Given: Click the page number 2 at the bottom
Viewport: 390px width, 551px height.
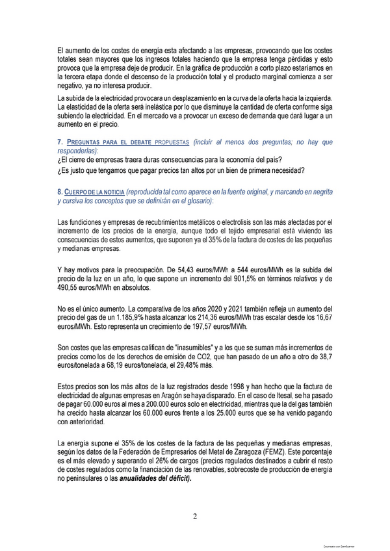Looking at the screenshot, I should tap(194, 517).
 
